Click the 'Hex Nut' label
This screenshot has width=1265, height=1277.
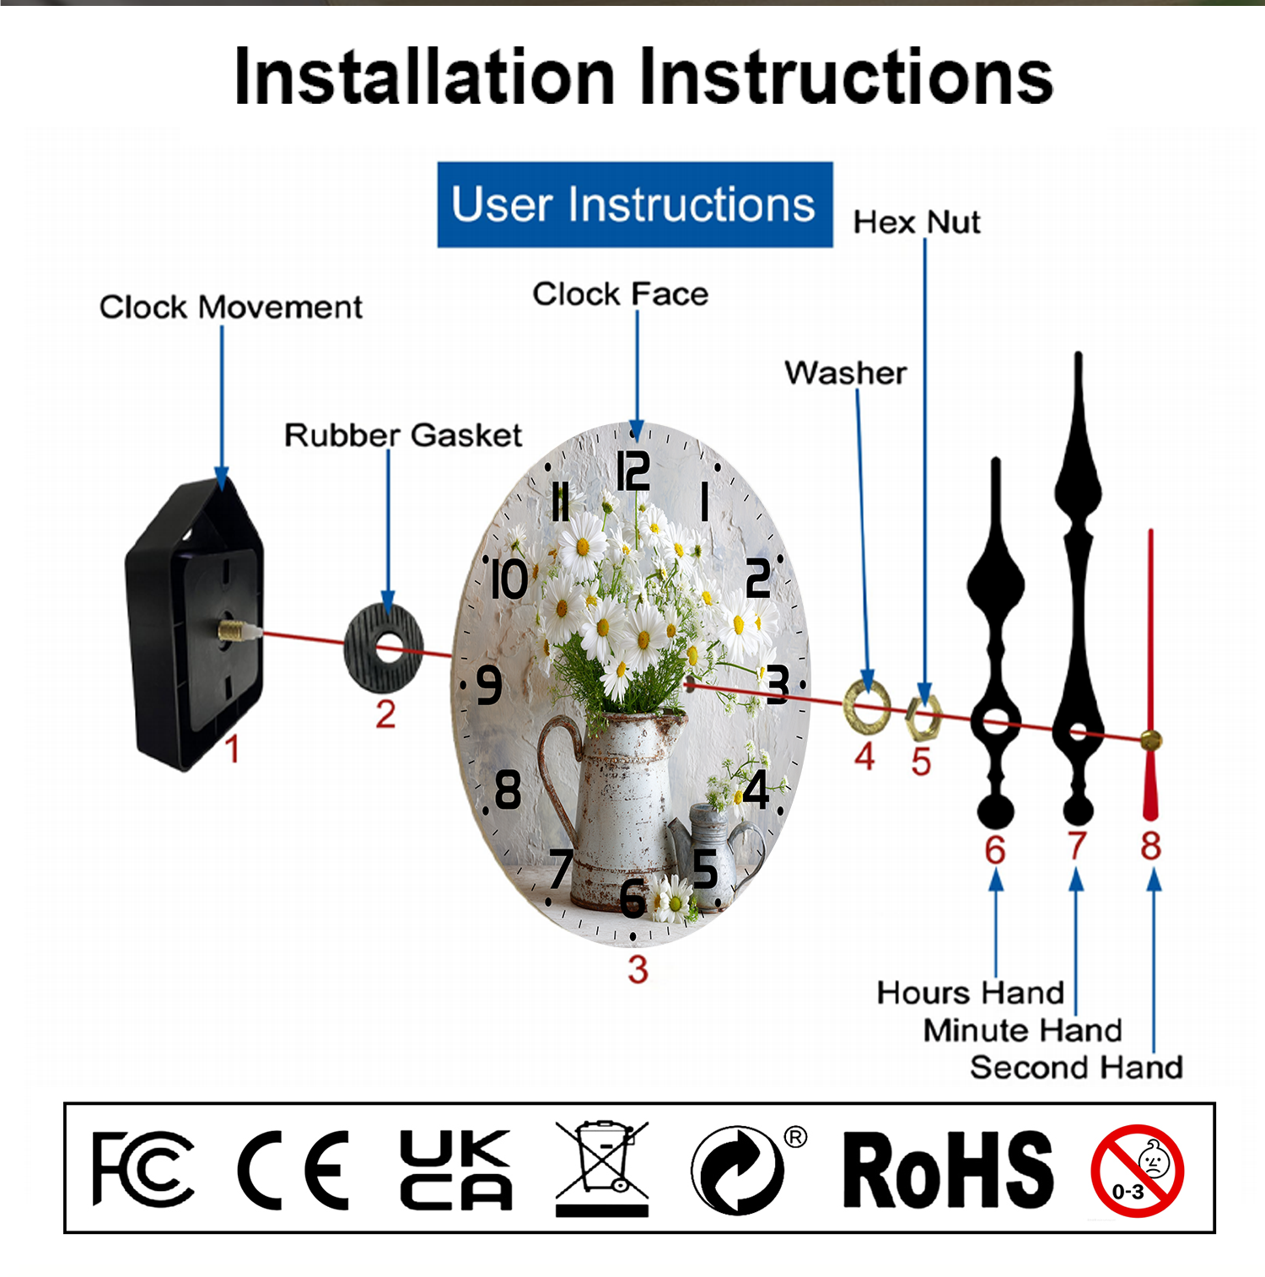(x=917, y=223)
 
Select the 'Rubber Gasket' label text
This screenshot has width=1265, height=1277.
(x=402, y=435)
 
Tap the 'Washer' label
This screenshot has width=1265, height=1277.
(x=845, y=373)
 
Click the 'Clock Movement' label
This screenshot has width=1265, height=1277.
(x=230, y=307)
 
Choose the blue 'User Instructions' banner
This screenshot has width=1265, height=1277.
(x=634, y=205)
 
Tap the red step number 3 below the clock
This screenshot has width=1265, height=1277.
(x=638, y=970)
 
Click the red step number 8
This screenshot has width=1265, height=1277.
(x=1150, y=846)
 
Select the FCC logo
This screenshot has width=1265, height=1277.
(x=143, y=1169)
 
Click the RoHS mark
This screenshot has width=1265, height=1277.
(x=948, y=1171)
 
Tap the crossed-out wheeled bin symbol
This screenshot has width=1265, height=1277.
(x=601, y=1167)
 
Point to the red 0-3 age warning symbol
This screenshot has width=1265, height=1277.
(x=1137, y=1170)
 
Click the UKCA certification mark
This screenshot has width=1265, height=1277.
(x=455, y=1169)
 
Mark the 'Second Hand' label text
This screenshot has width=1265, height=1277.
(x=1076, y=1068)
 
